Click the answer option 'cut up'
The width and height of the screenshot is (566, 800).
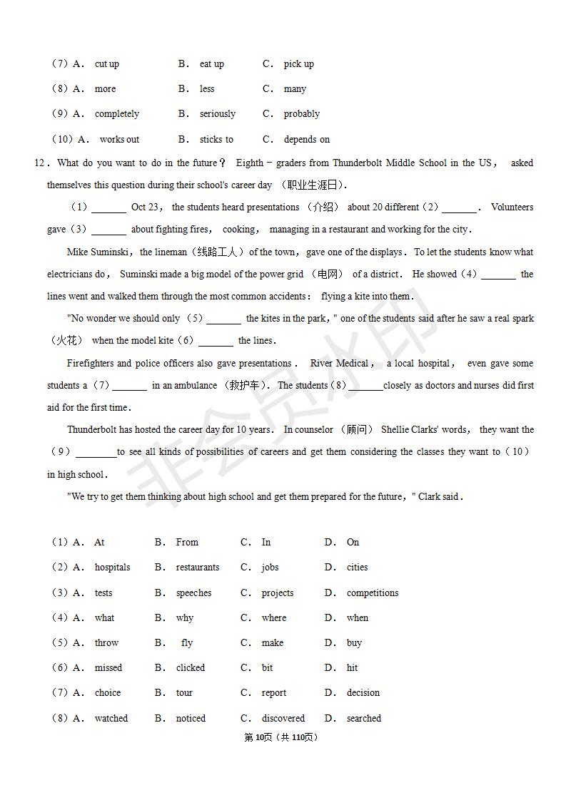pyautogui.click(x=106, y=64)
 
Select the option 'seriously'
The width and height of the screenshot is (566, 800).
pyautogui.click(x=217, y=114)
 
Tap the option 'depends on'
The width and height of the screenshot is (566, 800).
pyautogui.click(x=306, y=140)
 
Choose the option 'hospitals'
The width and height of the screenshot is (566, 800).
pyautogui.click(x=112, y=568)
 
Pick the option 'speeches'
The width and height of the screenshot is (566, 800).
pyautogui.click(x=193, y=593)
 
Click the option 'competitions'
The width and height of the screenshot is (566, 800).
pyautogui.click(x=372, y=593)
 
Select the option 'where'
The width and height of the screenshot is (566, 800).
pyautogui.click(x=273, y=618)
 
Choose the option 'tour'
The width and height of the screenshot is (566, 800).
pyautogui.click(x=184, y=693)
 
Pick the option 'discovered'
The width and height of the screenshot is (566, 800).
pyautogui.click(x=283, y=719)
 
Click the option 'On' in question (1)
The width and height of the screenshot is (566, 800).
pyautogui.click(x=353, y=543)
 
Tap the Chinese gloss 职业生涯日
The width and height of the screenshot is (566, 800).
pyautogui.click(x=311, y=185)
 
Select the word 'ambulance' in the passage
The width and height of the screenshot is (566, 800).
pyautogui.click(x=195, y=386)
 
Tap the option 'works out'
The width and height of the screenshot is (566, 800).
pyautogui.click(x=119, y=140)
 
